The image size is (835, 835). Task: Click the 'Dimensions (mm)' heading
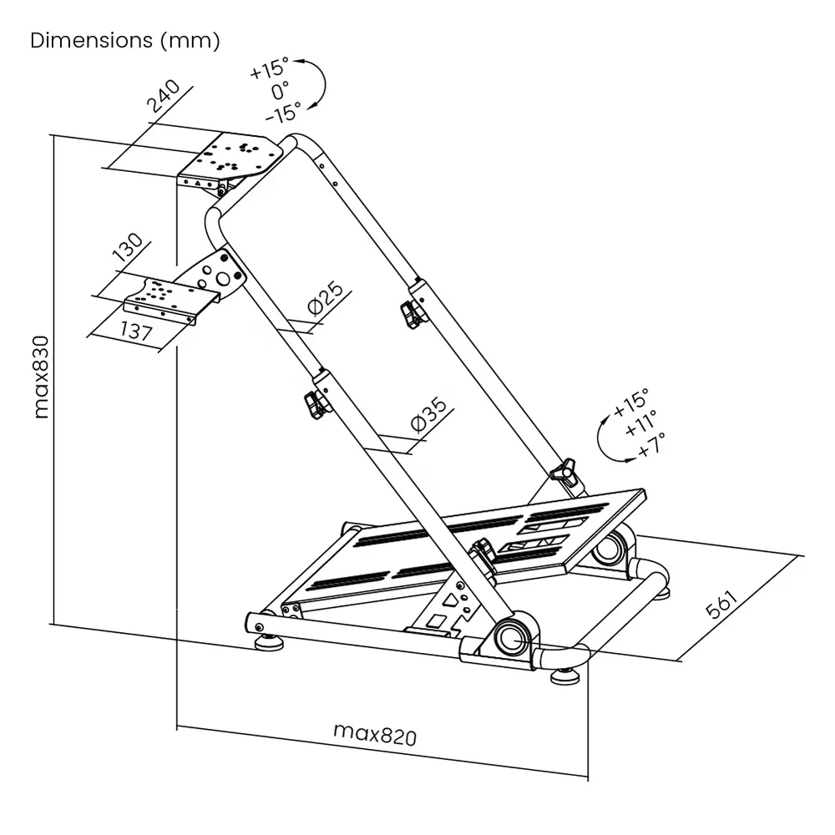click(x=125, y=41)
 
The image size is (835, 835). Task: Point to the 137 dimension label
click(x=136, y=331)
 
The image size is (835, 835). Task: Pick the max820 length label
click(x=375, y=734)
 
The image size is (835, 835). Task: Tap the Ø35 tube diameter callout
click(x=429, y=413)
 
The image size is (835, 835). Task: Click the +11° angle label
click(x=640, y=431)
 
